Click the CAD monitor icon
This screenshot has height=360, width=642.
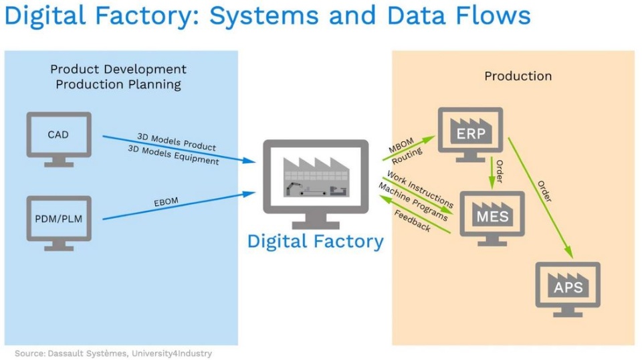click(x=59, y=137)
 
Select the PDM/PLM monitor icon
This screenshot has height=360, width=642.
click(x=59, y=219)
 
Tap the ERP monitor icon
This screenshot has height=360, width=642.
click(x=471, y=133)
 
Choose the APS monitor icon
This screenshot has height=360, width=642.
click(x=567, y=287)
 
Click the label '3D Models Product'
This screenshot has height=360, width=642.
click(x=177, y=141)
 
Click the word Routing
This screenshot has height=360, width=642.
click(x=407, y=157)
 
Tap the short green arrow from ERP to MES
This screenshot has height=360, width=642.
click(x=493, y=173)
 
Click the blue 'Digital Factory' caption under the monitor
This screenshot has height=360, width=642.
click(x=316, y=241)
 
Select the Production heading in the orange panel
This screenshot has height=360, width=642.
click(x=518, y=76)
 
